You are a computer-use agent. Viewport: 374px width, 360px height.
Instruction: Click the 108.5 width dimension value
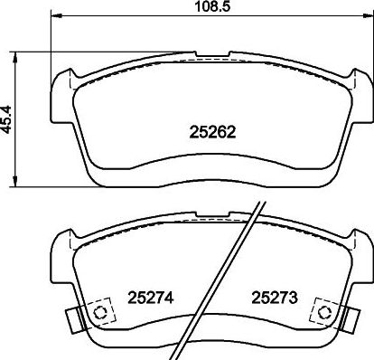pyautogui.click(x=212, y=6)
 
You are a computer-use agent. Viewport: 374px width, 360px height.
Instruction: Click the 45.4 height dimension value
pyautogui.click(x=6, y=119)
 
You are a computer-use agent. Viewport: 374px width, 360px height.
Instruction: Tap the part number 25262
pyautogui.click(x=212, y=132)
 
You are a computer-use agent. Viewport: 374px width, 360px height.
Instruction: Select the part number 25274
pyautogui.click(x=151, y=298)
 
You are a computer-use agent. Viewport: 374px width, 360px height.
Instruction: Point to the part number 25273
pyautogui.click(x=275, y=298)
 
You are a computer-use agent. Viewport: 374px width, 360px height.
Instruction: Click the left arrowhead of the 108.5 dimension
pyautogui.click(x=57, y=15)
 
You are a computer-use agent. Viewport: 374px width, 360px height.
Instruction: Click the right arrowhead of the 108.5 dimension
pyautogui.click(x=368, y=15)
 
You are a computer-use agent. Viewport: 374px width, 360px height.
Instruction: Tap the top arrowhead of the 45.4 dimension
pyautogui.click(x=14, y=57)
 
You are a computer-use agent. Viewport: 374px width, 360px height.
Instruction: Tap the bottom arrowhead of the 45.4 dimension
pyautogui.click(x=14, y=182)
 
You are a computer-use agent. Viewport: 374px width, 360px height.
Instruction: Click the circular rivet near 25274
pyautogui.click(x=99, y=312)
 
